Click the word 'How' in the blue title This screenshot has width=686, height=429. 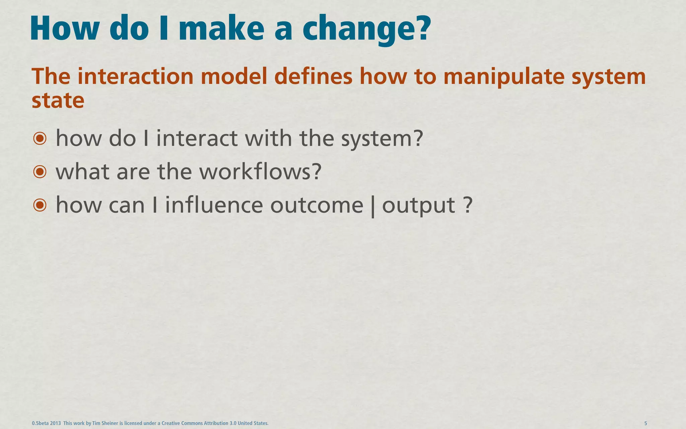click(64, 28)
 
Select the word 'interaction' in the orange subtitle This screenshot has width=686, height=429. click(135, 76)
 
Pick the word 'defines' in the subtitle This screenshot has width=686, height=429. click(313, 76)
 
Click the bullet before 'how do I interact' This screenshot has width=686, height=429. click(40, 138)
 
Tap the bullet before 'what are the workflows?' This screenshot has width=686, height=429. click(40, 172)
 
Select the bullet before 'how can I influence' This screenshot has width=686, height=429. click(40, 205)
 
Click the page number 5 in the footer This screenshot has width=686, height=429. click(645, 423)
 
